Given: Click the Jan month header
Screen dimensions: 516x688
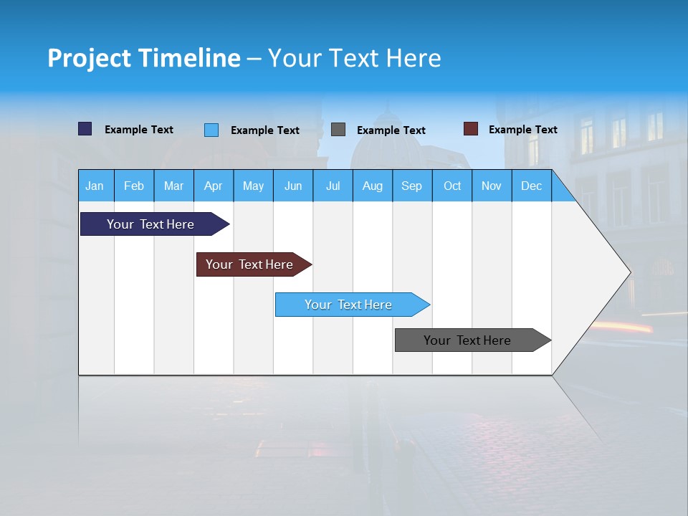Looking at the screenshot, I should [x=95, y=186].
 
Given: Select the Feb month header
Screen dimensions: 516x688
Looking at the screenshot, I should [x=134, y=186].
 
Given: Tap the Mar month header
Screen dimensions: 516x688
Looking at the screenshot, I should [x=173, y=186].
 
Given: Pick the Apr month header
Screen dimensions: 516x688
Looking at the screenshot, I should [x=214, y=186].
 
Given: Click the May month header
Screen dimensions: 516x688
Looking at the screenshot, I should [x=253, y=186].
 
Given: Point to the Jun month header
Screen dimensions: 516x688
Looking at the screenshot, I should [x=293, y=186].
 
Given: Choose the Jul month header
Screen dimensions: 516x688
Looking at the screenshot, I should [x=333, y=186].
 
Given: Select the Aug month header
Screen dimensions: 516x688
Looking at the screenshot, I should [x=373, y=186].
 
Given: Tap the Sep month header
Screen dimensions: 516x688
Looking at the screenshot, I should [x=412, y=186].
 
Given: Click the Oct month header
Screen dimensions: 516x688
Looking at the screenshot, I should [x=452, y=186].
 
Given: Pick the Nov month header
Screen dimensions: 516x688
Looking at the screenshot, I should [x=492, y=186].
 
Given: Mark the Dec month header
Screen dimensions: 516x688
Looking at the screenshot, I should [x=532, y=186].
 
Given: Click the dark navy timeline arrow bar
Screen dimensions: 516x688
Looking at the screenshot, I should [x=151, y=224].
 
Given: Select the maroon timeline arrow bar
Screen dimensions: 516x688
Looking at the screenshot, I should [x=250, y=264].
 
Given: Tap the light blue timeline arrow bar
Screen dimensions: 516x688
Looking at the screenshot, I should [x=349, y=305].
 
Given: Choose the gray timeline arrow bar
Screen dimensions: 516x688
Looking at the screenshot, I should [x=468, y=340].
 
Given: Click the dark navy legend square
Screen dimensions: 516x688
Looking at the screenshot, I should [x=85, y=129].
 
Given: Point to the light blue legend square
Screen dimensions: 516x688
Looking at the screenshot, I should [x=211, y=130].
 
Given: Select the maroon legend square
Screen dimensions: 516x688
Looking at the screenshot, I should [x=471, y=129].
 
